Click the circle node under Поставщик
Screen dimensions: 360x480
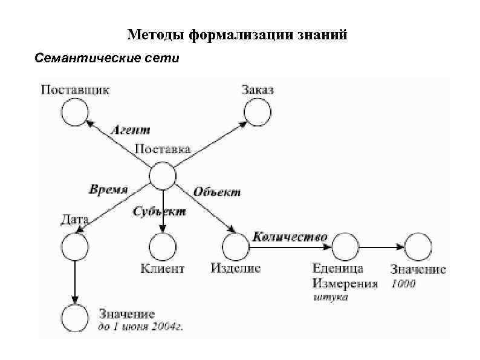[x=75, y=112]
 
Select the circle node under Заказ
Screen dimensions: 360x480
[x=258, y=111]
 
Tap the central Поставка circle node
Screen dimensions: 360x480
[x=163, y=177]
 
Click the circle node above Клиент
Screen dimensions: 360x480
[x=163, y=247]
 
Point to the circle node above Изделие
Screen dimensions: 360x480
[x=236, y=247]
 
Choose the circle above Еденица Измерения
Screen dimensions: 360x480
[x=345, y=247]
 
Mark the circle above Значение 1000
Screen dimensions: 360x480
[x=418, y=247]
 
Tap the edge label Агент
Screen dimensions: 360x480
[x=131, y=129]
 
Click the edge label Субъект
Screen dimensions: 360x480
[x=159, y=212]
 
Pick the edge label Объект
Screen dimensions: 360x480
[x=217, y=192]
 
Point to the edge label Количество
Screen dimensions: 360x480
[x=290, y=237]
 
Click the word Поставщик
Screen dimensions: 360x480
[x=75, y=90]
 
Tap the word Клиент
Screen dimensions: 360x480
[x=163, y=267]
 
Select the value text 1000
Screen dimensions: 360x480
[x=403, y=283]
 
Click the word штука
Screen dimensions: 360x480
[x=331, y=297]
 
